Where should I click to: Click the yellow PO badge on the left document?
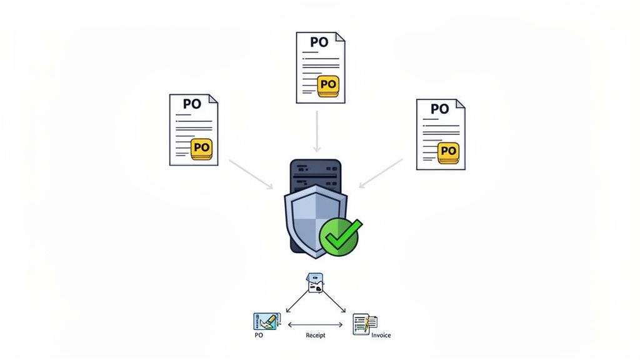pos(201,148)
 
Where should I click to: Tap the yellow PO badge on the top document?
pos(327,84)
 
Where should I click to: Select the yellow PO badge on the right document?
pos(447,151)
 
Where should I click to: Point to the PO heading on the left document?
pos(192,104)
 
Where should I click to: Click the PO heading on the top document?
pos(319,42)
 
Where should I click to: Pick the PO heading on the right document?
pos(439,109)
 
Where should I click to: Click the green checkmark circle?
pos(339,237)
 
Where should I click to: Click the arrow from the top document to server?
pos(317,131)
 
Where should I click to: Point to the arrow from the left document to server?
pos(251,174)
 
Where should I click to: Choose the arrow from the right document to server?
pos(381,173)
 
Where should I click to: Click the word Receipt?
pos(316,336)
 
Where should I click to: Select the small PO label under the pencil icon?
pos(259,336)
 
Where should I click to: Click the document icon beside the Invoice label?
pos(364,323)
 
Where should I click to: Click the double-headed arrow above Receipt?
pos(316,324)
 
